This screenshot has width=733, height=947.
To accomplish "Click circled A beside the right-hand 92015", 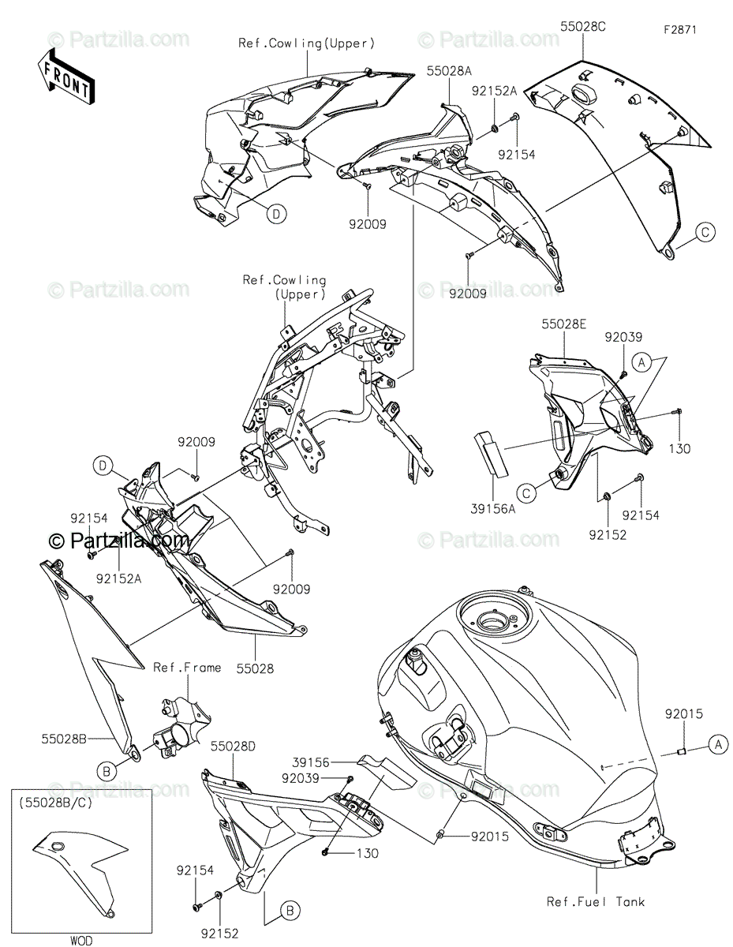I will coord(716,742).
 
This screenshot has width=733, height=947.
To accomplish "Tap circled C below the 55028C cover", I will coord(705,231).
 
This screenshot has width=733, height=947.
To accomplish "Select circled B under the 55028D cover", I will coord(290,911).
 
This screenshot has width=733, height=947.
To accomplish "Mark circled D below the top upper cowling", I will coord(276,213).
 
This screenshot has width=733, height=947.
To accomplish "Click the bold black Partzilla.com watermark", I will coord(119,541).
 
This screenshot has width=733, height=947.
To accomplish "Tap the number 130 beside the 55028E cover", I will coord(679,448).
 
